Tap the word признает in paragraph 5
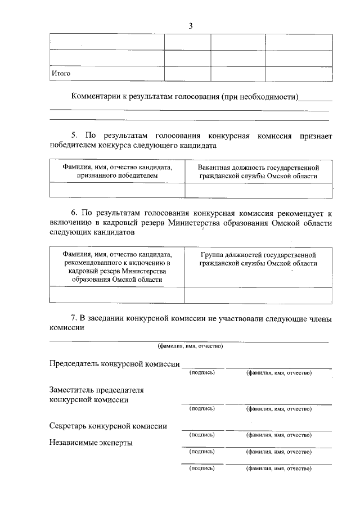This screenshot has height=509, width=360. coord(316,136)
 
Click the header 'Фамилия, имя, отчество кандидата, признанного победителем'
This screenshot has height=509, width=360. coord(117,172)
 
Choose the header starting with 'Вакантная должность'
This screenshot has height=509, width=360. coord(258,172)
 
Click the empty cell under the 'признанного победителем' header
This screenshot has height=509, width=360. coord(117,191)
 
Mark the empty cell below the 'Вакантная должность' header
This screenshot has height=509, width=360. coord(258,191)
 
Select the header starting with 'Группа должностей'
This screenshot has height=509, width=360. coord(258,259)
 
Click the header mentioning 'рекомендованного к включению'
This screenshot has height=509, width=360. coord(117,267)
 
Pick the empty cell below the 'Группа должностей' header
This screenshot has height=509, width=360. coord(258,295)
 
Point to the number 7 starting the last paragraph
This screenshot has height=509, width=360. coord(73,319)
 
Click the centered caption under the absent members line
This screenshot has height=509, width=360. coord(190,346)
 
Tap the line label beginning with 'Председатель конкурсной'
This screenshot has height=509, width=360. coord(114,364)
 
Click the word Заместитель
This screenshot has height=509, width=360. coord(72,390)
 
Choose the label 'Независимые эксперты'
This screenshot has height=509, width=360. coord(91,443)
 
